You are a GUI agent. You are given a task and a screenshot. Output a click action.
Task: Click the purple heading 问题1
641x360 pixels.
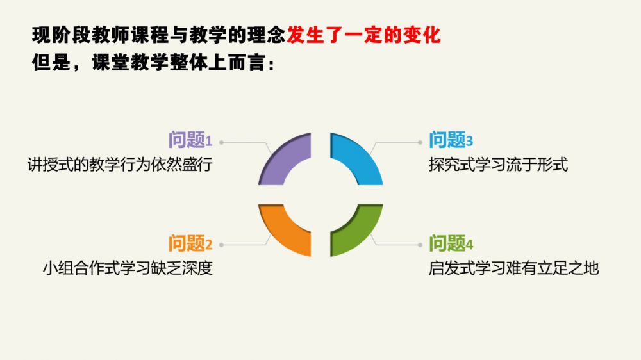[190, 140]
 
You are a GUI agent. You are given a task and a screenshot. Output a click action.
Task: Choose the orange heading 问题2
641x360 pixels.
[190, 243]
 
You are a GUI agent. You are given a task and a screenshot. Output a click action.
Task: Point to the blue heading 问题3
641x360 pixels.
[451, 140]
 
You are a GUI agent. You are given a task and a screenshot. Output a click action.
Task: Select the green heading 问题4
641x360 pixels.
[451, 243]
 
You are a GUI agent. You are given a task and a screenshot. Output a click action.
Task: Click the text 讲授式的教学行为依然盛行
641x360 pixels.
[120, 165]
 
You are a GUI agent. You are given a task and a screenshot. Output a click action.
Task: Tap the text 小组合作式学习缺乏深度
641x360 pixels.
[128, 268]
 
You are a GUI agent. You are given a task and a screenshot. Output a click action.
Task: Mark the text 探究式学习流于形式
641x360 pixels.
[498, 165]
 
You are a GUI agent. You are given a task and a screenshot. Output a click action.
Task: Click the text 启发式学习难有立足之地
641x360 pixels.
[514, 268]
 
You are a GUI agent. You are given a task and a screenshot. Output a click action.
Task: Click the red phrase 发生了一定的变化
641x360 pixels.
[364, 35]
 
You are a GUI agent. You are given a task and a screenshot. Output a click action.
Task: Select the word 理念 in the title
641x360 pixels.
[266, 35]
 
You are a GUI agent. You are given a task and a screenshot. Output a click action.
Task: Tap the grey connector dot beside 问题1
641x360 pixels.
[221, 142]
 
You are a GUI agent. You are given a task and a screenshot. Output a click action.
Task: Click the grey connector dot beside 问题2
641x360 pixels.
[221, 245]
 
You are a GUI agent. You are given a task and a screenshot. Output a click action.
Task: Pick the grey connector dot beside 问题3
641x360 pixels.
[420, 142]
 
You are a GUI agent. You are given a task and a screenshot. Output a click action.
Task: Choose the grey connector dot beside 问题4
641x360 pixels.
[420, 245]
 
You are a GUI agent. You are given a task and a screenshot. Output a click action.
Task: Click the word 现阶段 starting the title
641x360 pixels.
[60, 35]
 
